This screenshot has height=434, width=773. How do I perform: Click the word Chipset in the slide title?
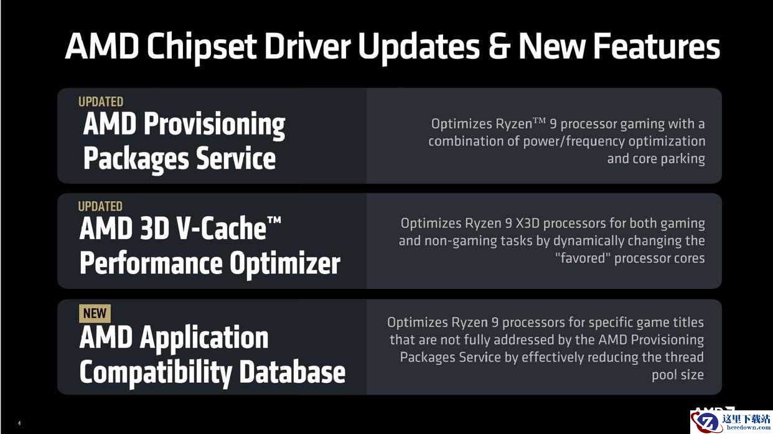click(x=201, y=47)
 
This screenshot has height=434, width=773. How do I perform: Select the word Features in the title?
click(x=657, y=46)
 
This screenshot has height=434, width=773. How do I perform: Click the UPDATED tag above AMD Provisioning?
click(x=100, y=102)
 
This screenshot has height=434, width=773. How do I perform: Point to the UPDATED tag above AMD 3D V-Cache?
click(x=100, y=207)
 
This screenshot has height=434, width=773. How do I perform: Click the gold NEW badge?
click(x=95, y=313)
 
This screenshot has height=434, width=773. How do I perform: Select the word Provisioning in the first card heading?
click(x=214, y=125)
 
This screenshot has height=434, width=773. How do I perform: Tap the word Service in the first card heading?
click(x=236, y=158)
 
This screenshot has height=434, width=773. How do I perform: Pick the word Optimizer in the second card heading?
click(x=285, y=263)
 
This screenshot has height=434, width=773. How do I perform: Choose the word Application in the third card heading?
click(x=204, y=337)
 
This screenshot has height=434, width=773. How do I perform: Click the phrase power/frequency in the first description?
click(x=574, y=141)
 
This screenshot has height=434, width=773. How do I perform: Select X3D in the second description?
click(x=527, y=224)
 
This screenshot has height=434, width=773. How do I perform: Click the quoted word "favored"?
click(x=583, y=258)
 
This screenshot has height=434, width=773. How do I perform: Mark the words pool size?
click(x=678, y=375)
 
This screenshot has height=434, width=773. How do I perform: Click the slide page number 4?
click(x=19, y=423)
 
